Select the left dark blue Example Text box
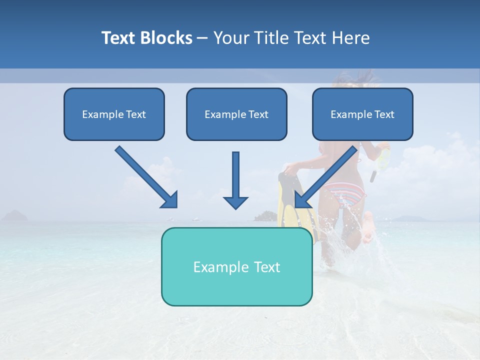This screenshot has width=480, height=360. tap(114, 114)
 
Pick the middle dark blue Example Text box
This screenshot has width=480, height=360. tap(236, 114)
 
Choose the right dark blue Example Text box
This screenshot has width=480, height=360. tap(362, 114)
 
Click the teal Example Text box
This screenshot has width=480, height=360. tap(236, 267)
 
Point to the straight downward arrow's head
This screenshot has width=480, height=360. tap(235, 202)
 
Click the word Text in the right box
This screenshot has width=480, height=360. tap(384, 114)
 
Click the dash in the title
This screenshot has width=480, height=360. tap(202, 38)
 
